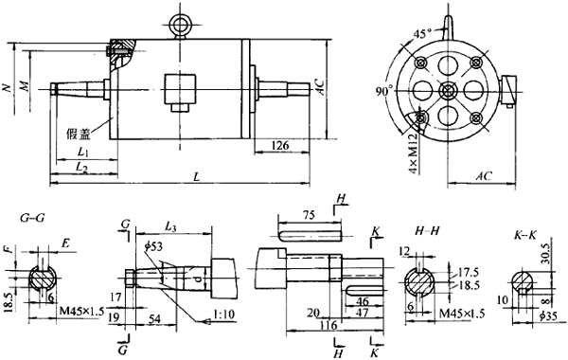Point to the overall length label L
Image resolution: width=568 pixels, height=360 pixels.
tap(195, 177)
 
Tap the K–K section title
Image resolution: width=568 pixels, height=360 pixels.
tap(522, 231)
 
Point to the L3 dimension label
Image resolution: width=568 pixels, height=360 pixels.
tap(173, 227)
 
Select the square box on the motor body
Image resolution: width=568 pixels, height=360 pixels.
tap(177, 92)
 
